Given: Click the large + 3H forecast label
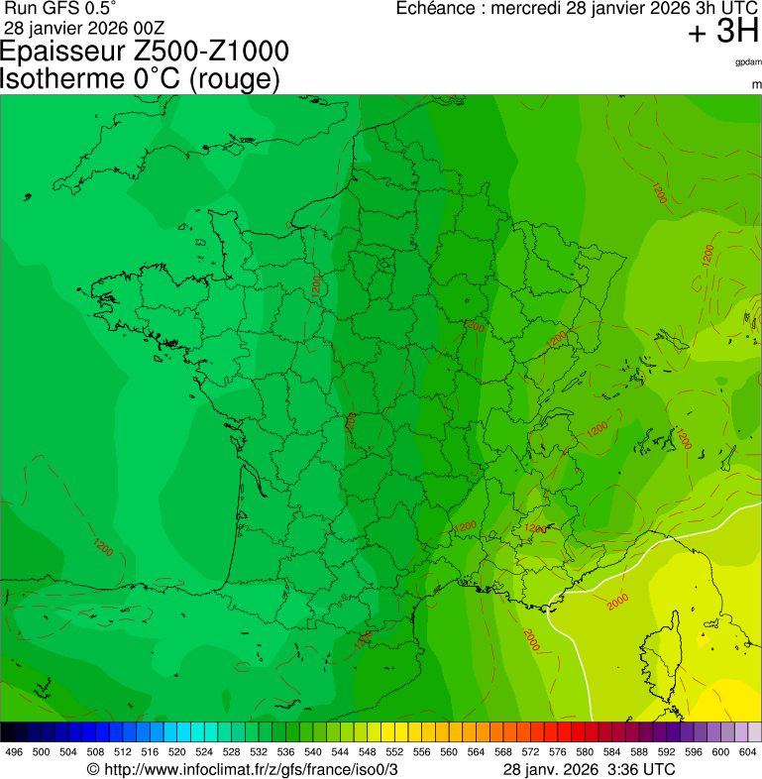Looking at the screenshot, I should point(723,33).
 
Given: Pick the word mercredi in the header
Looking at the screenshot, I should point(528,9).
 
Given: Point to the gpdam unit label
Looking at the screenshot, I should point(748,61).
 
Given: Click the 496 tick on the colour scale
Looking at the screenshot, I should point(14,752).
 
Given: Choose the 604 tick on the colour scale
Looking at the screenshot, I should point(748,752).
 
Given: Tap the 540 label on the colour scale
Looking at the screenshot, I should point(313,752).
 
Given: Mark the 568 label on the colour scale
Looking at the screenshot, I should point(503,752).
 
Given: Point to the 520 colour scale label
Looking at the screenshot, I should point(177,752).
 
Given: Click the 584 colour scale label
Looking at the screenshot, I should point(612,752).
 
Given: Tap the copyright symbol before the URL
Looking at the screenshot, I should point(93,769).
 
